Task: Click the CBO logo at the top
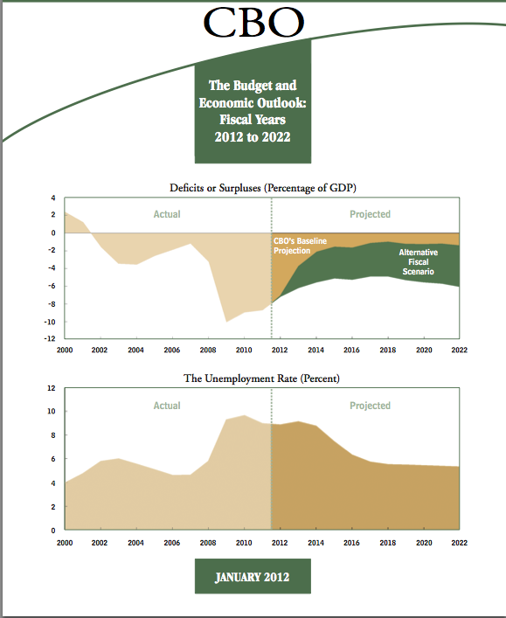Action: click(x=253, y=22)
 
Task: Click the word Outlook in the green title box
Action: click(x=279, y=102)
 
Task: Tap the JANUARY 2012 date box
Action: click(x=253, y=576)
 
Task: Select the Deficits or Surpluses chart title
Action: click(x=263, y=188)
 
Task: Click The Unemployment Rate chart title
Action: click(x=261, y=378)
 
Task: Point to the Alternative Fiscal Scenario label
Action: click(x=418, y=261)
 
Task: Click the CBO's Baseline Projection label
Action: click(x=300, y=246)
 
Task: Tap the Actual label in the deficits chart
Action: click(x=167, y=214)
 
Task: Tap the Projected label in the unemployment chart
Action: click(x=370, y=406)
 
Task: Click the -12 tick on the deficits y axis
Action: click(x=50, y=338)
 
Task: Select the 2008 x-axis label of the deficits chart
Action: click(x=208, y=350)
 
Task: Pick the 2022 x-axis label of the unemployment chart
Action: click(x=459, y=543)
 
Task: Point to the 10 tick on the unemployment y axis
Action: click(x=52, y=411)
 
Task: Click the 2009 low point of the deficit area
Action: click(x=226, y=322)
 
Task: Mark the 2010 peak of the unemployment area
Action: click(x=244, y=415)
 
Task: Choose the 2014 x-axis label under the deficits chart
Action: click(x=315, y=350)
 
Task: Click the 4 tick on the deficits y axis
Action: click(x=53, y=198)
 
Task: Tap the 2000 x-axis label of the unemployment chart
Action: click(x=65, y=543)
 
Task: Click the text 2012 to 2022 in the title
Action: click(x=253, y=136)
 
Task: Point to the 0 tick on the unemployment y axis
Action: click(x=53, y=531)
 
